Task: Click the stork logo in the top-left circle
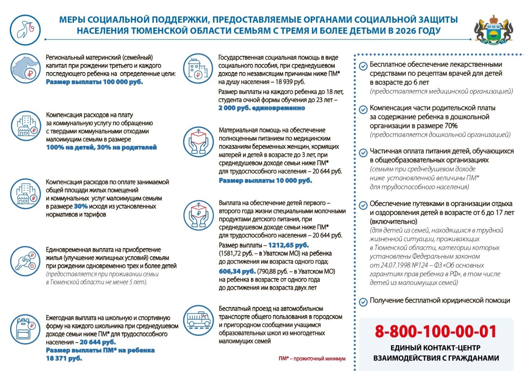pyautogui.click(x=25, y=30)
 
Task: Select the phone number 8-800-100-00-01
pyautogui.click(x=436, y=331)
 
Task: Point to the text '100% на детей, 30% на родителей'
pyautogui.click(x=101, y=147)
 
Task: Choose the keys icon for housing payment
pyautogui.click(x=25, y=261)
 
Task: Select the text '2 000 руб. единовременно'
pyautogui.click(x=262, y=108)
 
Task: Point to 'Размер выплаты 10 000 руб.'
pyautogui.click(x=265, y=180)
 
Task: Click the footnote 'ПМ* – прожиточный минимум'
pyautogui.click(x=312, y=359)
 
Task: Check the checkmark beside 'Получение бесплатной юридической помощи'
pyautogui.click(x=363, y=302)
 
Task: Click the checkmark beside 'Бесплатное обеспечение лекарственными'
pyautogui.click(x=363, y=66)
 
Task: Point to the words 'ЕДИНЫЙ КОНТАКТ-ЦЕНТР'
pyautogui.click(x=436, y=348)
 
